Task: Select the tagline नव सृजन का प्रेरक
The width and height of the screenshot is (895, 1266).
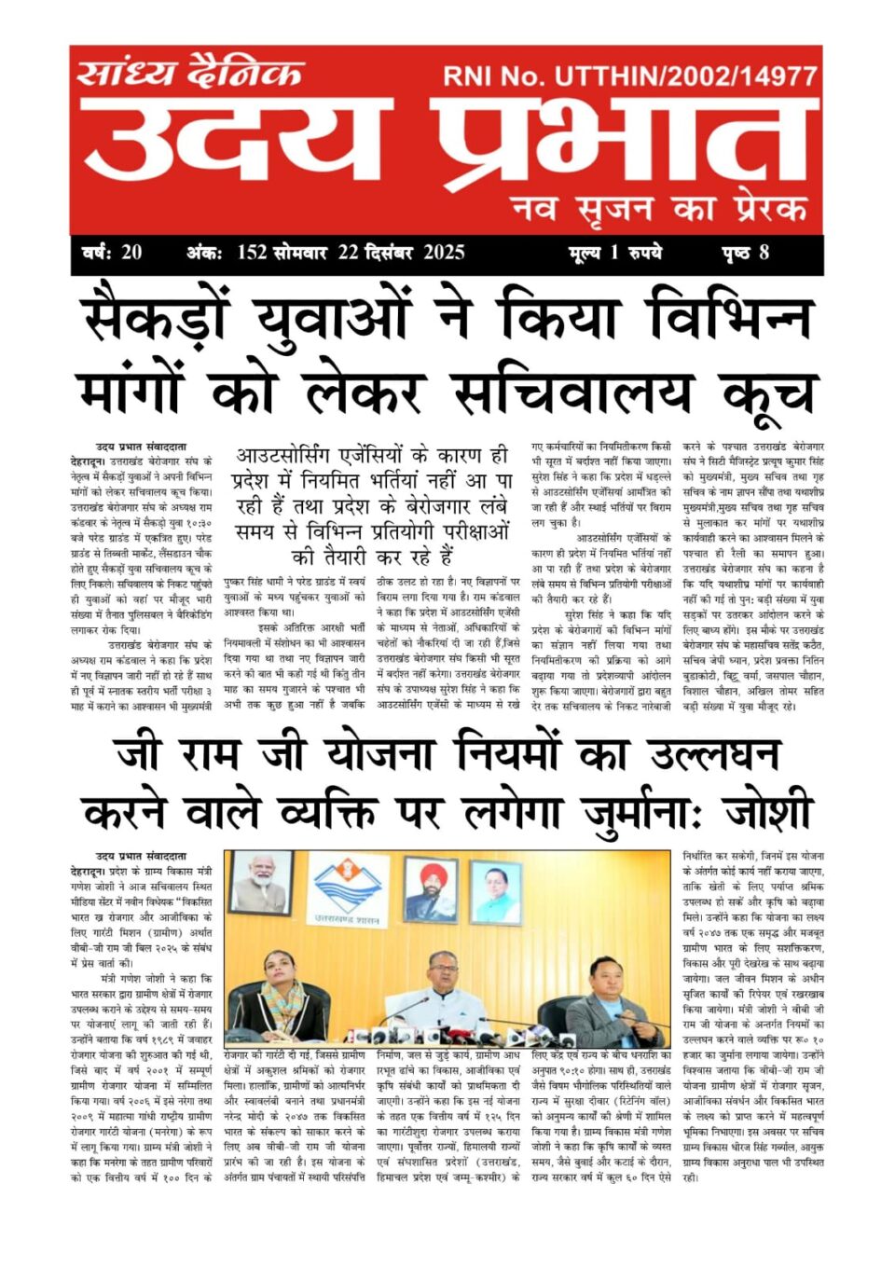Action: pyautogui.click(x=659, y=208)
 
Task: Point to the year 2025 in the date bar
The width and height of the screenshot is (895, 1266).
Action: pyautogui.click(x=444, y=253)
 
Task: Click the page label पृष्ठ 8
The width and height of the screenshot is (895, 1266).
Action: pyautogui.click(x=745, y=253)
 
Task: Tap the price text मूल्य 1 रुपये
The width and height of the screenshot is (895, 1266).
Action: pyautogui.click(x=614, y=253)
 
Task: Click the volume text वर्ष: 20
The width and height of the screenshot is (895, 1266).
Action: pyautogui.click(x=111, y=253)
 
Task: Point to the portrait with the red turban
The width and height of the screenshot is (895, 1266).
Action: pyautogui.click(x=431, y=891)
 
